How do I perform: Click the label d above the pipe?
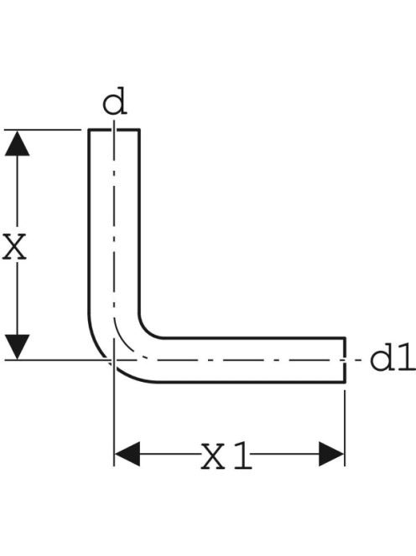[x=114, y=101]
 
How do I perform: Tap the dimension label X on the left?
[x=14, y=246]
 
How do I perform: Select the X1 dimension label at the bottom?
[x=226, y=456]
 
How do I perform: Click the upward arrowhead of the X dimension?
[x=17, y=143]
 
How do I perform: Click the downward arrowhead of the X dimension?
[x=17, y=347]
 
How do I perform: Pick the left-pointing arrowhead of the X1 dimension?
[x=127, y=454]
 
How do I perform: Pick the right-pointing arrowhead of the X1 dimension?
[x=331, y=454]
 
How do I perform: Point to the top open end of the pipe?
[x=114, y=130]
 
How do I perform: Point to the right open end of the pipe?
[x=345, y=360]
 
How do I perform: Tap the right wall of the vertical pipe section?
[x=139, y=222]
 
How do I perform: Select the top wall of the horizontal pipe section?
[x=253, y=338]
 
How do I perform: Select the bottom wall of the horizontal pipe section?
[x=251, y=382]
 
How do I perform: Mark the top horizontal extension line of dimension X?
[x=43, y=130]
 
